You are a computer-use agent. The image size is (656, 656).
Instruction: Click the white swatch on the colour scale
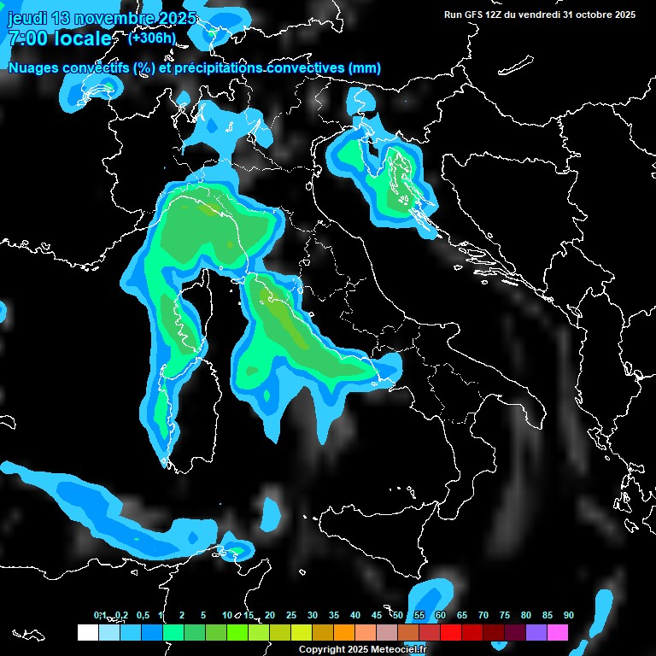[x=87, y=632]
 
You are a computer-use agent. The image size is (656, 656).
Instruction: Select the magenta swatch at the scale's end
[x=558, y=632]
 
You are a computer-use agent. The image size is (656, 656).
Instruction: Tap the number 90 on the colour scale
[x=568, y=615]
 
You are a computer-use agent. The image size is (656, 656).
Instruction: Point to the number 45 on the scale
[x=377, y=615]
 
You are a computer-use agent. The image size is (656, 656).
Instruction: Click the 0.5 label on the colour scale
[x=143, y=615]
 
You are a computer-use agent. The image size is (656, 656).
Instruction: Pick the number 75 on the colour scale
[x=504, y=615]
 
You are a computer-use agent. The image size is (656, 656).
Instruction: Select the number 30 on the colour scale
[x=313, y=615]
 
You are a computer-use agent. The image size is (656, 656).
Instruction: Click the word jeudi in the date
[x=26, y=18]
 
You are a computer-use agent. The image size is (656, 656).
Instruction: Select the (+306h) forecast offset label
[x=151, y=38]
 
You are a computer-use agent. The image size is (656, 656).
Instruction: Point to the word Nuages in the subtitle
[x=35, y=67]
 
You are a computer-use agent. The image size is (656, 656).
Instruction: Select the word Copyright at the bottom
[x=322, y=650]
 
